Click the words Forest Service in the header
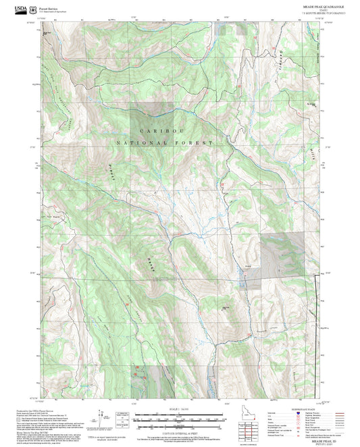pyautogui.click(x=47, y=7)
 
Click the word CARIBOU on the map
pyautogui.click(x=162, y=130)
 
